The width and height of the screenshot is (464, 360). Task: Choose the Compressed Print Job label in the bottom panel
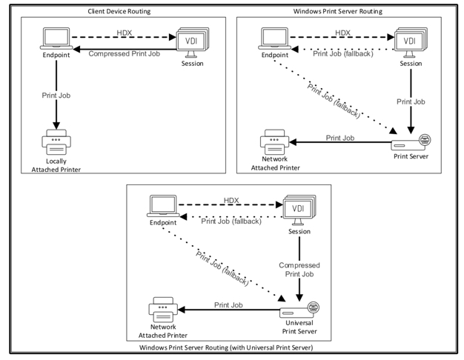(299, 269)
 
